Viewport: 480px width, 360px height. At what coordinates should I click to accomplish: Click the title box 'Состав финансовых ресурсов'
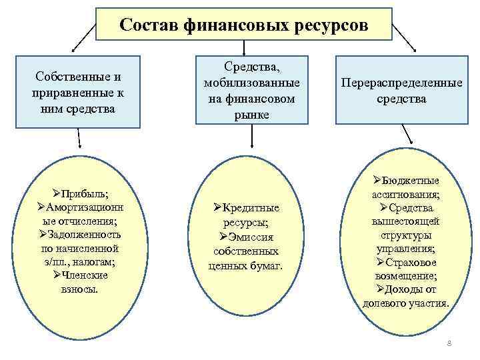[x=243, y=25]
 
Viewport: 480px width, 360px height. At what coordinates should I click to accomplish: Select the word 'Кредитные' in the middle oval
[x=250, y=208]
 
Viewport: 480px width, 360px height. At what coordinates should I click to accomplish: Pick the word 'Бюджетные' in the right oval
[x=410, y=181]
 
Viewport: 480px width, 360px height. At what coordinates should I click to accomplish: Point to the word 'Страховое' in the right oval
[x=410, y=262]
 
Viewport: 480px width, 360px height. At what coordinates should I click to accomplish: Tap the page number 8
[x=449, y=344]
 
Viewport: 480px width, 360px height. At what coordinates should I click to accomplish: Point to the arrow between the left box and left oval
[x=79, y=138]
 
